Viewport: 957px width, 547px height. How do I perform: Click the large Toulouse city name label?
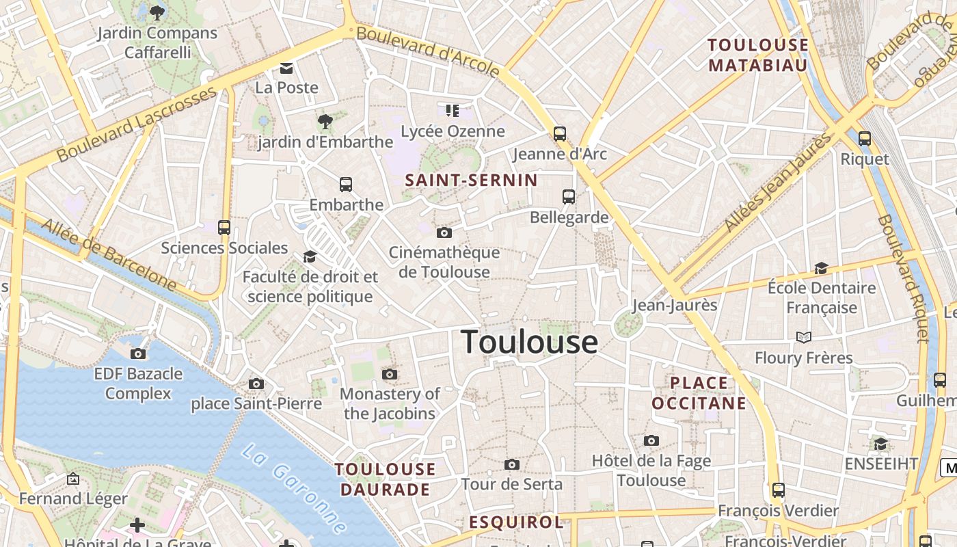[x=530, y=341]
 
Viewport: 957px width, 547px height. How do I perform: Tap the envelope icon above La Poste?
[x=286, y=68]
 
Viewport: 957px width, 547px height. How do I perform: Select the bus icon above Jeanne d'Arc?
[x=560, y=133]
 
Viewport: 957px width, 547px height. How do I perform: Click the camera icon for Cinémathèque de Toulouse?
[x=444, y=232]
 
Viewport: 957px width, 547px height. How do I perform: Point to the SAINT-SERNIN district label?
[x=471, y=181]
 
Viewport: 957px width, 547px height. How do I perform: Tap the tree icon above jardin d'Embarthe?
[x=325, y=122]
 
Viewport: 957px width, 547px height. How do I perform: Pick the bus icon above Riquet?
[x=865, y=139]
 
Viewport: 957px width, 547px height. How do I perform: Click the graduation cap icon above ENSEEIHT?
[x=880, y=444]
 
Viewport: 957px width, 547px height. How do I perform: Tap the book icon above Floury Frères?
[x=804, y=337]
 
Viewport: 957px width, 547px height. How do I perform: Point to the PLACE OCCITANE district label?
[x=699, y=393]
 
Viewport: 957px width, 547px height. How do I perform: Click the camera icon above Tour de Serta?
[x=511, y=465]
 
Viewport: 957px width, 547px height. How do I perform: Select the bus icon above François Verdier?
[x=778, y=490]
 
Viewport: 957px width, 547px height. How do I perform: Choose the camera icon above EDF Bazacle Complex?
[x=138, y=353]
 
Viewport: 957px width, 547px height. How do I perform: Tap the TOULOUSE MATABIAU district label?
[x=757, y=55]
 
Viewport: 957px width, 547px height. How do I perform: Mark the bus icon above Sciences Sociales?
[x=224, y=228]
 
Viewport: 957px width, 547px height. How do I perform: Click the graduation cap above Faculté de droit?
[x=310, y=256]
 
